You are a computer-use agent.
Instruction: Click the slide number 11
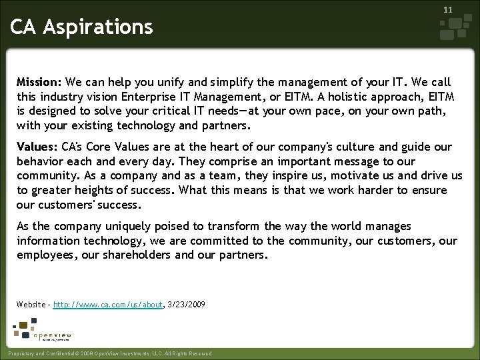coord(448,10)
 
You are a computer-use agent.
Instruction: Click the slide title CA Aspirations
coord(81,27)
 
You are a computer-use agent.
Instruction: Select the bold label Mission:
coord(39,82)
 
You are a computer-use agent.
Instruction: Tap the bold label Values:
coord(37,147)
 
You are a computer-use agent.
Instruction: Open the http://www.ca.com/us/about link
coord(108,305)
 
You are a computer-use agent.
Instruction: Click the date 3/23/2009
coord(187,305)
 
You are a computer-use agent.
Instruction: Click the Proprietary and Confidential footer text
coord(108,353)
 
